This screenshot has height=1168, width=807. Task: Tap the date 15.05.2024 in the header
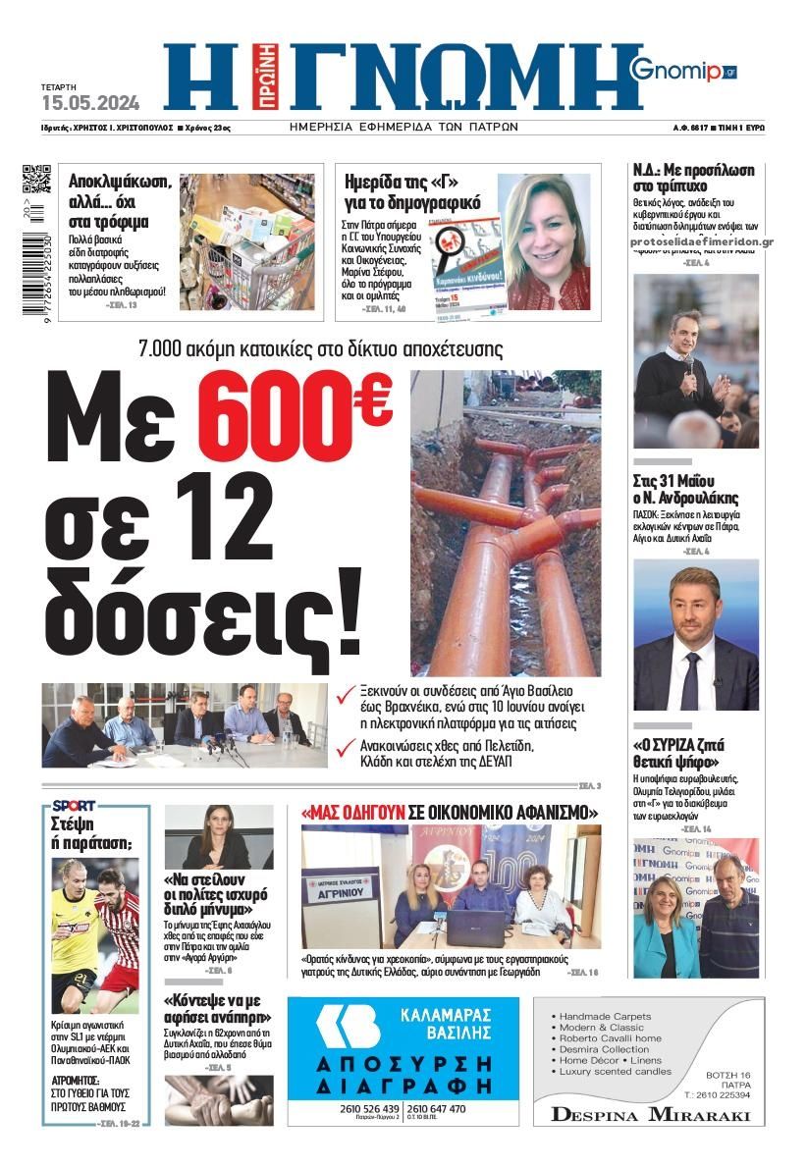[x=90, y=102]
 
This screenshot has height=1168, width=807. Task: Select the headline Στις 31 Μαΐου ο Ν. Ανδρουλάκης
[x=686, y=490]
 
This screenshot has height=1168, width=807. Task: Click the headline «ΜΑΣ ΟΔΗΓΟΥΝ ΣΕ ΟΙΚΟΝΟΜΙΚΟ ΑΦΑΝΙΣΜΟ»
[x=450, y=813]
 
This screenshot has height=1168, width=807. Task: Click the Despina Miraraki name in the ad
[x=650, y=1114]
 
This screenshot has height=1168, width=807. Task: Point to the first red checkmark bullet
[x=346, y=694]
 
